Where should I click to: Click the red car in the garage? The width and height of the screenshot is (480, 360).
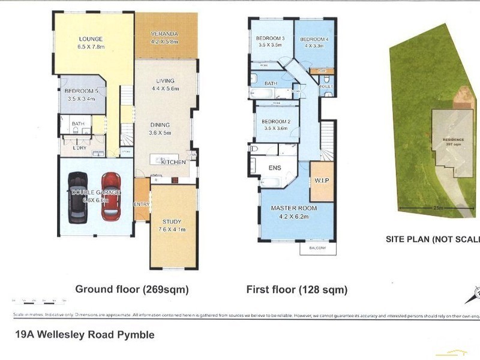[x=111, y=196]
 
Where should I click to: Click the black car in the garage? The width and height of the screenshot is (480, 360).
[x=77, y=197]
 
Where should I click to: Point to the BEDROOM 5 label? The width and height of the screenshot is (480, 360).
[x=85, y=91]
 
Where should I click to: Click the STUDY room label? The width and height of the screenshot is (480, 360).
[x=173, y=220]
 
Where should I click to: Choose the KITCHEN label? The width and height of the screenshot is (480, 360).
[x=173, y=163]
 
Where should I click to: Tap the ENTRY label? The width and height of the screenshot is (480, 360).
[x=142, y=204]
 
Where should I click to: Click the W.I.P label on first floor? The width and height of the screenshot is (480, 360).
[x=320, y=181]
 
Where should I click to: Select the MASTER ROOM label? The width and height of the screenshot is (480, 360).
[x=293, y=208]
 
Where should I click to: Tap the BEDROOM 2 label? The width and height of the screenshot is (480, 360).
[x=276, y=122]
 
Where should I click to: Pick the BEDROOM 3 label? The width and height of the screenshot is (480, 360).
[x=270, y=38]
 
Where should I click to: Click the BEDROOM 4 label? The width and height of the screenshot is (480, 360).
[x=314, y=38]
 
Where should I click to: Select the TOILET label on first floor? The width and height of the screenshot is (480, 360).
[x=326, y=86]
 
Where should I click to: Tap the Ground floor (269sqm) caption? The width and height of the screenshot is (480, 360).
[x=132, y=289]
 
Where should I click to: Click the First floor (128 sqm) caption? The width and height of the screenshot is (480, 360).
[x=297, y=290]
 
